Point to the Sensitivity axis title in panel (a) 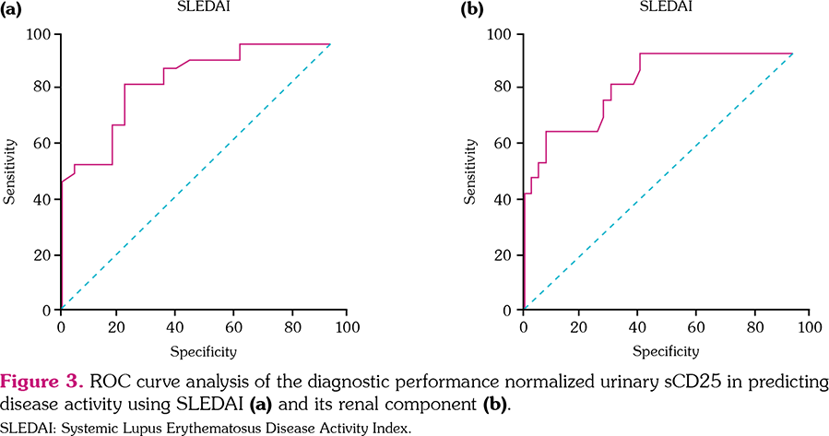point(11,171)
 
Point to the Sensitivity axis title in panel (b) point(473,171)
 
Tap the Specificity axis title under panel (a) point(203,351)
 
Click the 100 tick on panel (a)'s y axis point(40,35)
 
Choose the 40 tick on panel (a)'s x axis point(175,327)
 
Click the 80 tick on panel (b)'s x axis point(752,327)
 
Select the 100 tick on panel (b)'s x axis point(809,327)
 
